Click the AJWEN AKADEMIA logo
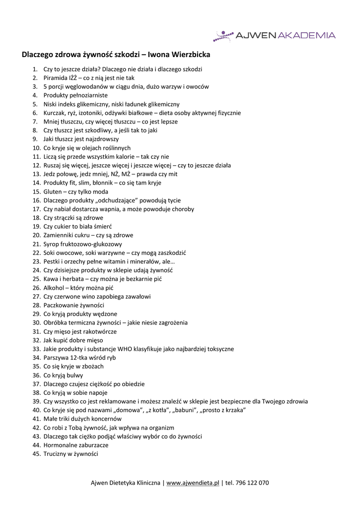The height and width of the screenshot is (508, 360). (x=275, y=35)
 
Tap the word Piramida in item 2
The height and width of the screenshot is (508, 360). (x=55, y=78)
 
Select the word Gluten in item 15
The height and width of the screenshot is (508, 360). (x=53, y=191)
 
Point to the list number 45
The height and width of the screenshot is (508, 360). (x=36, y=454)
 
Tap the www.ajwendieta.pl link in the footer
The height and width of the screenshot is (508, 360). (x=193, y=483)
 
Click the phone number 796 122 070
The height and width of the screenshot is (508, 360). (x=253, y=483)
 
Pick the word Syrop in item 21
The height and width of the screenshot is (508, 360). (x=52, y=244)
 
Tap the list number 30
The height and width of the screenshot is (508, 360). (x=36, y=323)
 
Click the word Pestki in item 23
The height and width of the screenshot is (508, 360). (x=52, y=261)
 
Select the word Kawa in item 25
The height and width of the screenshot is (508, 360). (x=50, y=279)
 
